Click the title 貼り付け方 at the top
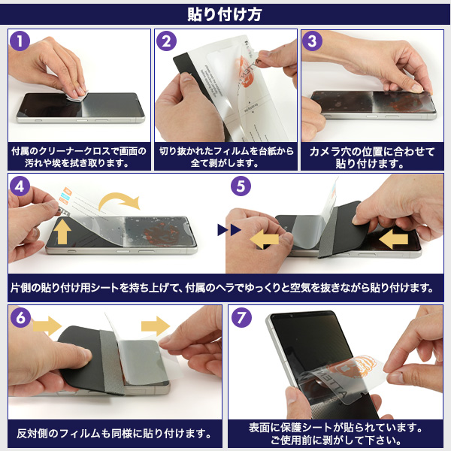[x=224, y=14]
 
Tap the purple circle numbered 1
[x=20, y=41]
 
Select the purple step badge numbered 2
[x=166, y=41]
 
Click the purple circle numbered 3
[x=313, y=41]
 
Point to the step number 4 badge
[x=20, y=186]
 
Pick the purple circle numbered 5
[x=241, y=186]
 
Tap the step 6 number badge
[x=20, y=317]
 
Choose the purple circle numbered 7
[x=241, y=317]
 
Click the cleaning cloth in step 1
[x=77, y=95]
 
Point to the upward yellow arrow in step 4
[x=62, y=231]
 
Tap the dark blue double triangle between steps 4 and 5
[x=229, y=230]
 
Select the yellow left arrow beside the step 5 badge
[x=265, y=239]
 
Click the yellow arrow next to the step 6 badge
[x=47, y=326]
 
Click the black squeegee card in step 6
[x=83, y=358]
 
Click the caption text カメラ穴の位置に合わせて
[x=372, y=152]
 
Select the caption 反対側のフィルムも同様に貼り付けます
[x=114, y=434]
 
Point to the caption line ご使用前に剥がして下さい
[x=336, y=440]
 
